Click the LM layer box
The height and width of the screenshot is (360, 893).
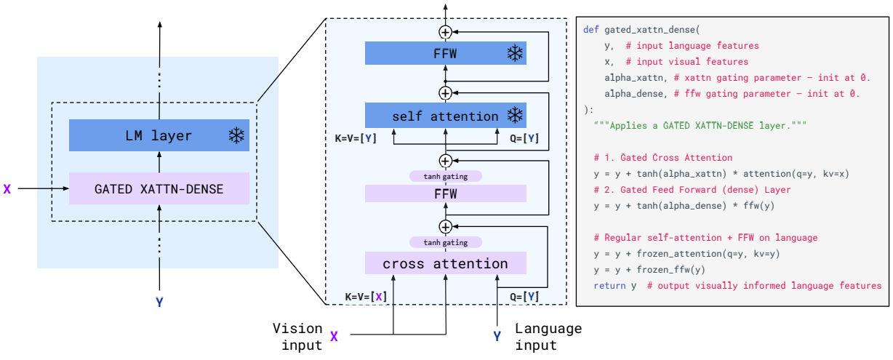159,135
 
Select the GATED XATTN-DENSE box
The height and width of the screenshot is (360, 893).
159,188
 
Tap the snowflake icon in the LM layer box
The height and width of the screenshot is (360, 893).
236,135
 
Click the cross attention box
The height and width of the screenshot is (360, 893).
445,263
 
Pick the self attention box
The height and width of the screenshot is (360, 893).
445,116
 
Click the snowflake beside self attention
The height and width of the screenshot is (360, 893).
515,116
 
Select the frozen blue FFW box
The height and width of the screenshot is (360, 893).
445,52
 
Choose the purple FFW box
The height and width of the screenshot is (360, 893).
445,193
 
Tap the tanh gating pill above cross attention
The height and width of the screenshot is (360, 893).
445,242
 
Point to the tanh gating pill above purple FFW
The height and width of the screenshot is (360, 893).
445,176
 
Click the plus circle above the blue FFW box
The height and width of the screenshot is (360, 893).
445,31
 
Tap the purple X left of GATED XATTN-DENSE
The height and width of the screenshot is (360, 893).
7,188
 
